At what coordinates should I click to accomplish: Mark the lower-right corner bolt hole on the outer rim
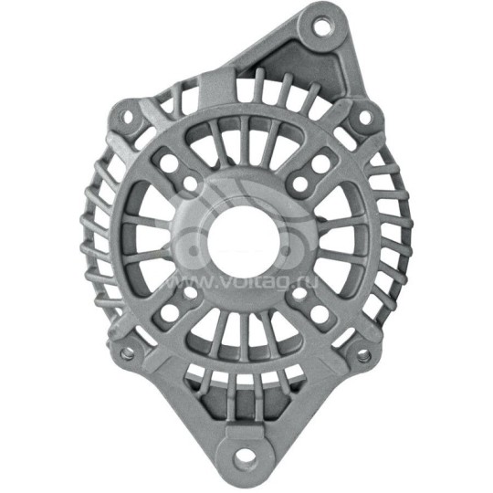(x=363, y=352)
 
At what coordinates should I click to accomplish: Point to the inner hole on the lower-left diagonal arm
(x=193, y=295)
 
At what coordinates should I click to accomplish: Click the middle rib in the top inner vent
(x=245, y=155)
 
